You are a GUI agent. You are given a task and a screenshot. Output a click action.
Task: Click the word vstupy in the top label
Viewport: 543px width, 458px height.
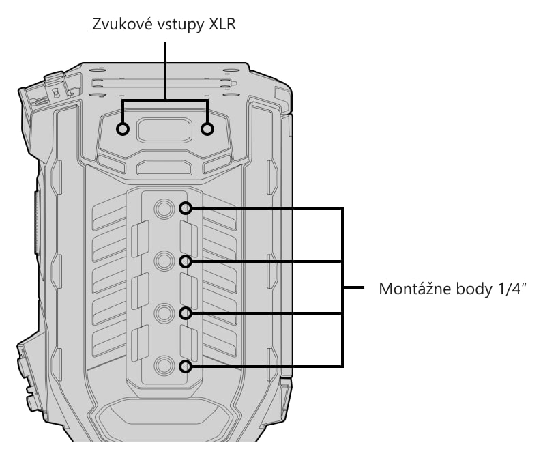180,26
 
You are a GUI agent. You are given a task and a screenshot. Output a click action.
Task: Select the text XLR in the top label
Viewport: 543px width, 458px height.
222,25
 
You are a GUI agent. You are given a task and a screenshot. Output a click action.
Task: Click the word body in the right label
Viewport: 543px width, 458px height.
469,289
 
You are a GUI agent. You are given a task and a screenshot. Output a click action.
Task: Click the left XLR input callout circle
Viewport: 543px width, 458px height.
123,129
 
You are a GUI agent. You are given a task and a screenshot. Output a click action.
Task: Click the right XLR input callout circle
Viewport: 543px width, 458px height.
207,129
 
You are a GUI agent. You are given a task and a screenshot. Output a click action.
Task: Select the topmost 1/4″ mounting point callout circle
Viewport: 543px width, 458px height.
186,208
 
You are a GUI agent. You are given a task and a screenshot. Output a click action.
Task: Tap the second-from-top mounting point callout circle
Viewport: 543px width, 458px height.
186,261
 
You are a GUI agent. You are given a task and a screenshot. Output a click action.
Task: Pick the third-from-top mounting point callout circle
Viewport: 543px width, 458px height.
186,313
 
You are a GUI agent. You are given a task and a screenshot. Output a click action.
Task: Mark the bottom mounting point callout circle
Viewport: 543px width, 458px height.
186,366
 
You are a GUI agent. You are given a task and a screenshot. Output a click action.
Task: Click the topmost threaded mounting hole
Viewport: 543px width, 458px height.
164,209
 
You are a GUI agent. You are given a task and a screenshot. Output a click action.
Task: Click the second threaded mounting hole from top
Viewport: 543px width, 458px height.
164,261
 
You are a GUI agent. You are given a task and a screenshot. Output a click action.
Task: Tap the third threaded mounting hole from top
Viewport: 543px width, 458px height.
164,313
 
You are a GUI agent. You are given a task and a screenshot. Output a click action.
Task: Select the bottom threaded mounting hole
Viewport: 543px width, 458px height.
164,366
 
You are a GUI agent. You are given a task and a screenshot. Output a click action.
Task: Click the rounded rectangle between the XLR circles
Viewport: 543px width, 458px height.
164,130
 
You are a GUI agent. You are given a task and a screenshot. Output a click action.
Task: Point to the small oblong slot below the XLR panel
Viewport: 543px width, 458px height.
164,168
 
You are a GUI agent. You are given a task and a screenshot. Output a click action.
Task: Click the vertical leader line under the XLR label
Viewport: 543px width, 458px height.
165,71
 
